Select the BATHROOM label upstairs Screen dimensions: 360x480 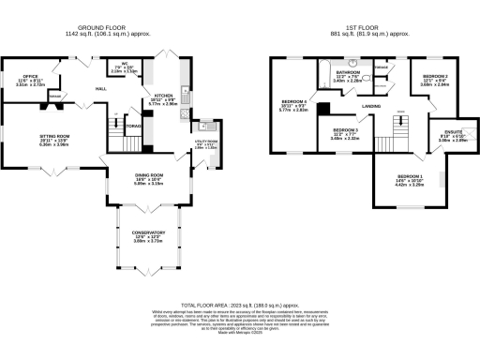(x=349, y=71)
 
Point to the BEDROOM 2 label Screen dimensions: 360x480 (x=435, y=75)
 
